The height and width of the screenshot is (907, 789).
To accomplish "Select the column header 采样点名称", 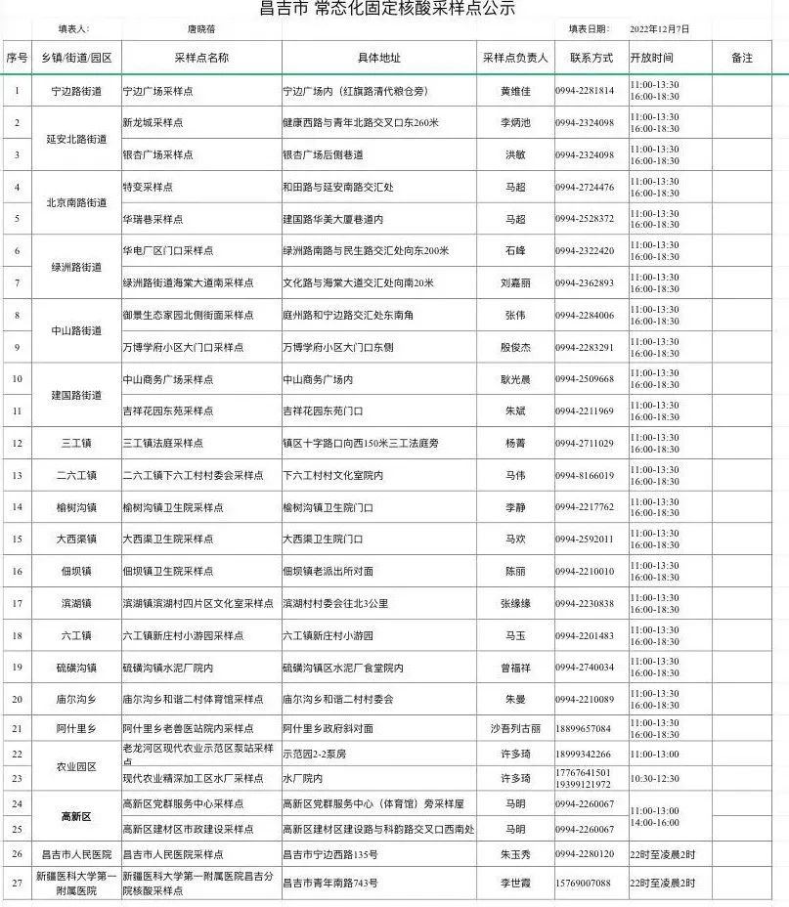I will (201, 58).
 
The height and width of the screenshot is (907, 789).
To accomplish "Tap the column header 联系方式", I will (591, 58).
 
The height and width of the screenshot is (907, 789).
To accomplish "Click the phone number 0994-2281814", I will (585, 91).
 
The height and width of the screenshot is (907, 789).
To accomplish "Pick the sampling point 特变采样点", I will (148, 187).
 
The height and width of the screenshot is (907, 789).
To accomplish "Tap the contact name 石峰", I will (515, 251).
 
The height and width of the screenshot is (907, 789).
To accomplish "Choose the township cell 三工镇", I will (76, 443).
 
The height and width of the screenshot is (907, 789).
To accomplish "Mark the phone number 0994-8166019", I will (585, 475).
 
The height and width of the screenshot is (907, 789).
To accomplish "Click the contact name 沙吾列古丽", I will (515, 728).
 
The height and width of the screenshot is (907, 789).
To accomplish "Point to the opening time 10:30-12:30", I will (655, 778).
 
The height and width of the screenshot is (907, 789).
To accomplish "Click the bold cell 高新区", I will (76, 816).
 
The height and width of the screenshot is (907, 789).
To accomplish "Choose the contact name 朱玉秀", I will (515, 854).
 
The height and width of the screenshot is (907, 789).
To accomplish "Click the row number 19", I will (17, 667).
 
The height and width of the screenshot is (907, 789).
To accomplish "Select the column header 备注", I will (742, 58).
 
